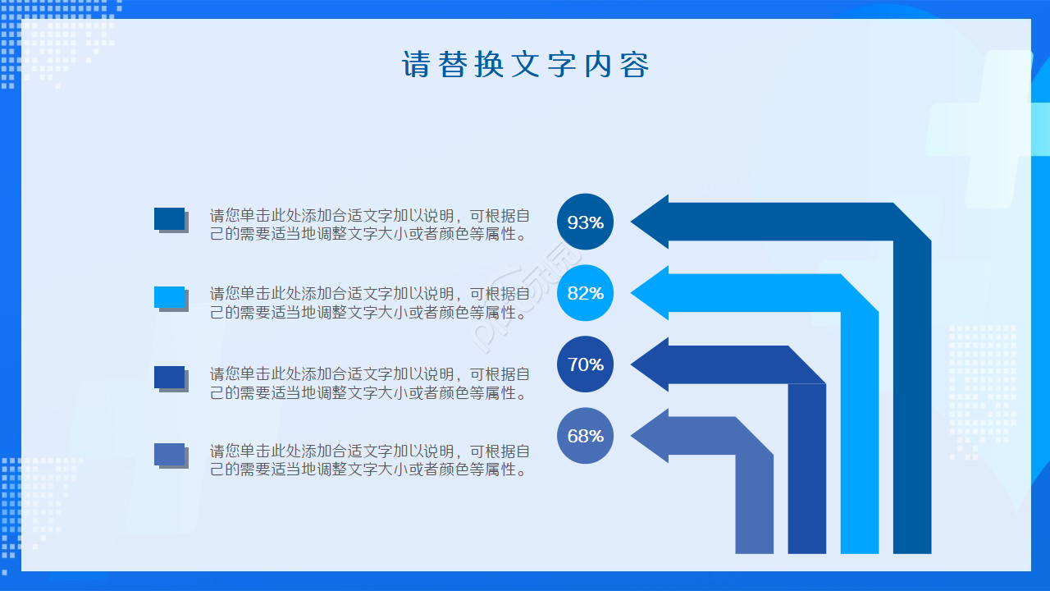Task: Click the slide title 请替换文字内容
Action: point(525,65)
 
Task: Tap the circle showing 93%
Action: point(585,222)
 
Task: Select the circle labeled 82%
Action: point(585,293)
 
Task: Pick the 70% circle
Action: point(585,364)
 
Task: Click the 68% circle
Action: point(585,435)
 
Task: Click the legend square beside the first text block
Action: point(170,218)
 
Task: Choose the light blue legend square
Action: point(170,297)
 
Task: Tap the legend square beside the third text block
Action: point(170,377)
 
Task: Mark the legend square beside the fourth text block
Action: point(170,454)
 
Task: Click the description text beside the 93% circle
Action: point(369,225)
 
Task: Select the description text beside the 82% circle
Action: point(369,303)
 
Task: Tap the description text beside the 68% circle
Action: point(369,460)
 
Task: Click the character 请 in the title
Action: point(416,65)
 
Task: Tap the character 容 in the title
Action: point(634,65)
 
